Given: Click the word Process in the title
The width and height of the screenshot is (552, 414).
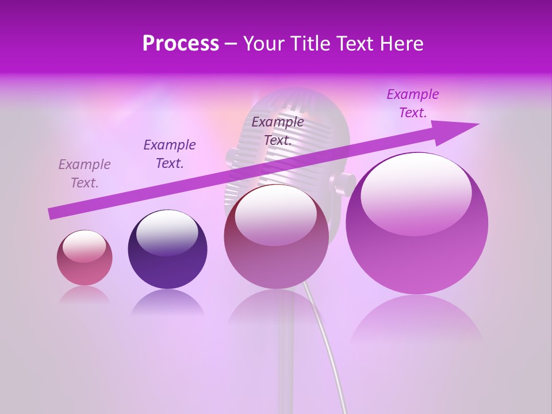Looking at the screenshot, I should click(181, 44).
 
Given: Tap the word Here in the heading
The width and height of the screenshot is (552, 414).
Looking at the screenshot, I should click(400, 44).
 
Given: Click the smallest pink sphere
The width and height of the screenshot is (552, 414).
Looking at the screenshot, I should click(85, 258).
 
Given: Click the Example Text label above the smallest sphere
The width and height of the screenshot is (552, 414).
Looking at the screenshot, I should click(85, 174).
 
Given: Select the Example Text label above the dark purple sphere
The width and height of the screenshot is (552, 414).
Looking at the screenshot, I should click(170, 154).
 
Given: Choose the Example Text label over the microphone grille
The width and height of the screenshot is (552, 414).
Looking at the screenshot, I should click(278, 131).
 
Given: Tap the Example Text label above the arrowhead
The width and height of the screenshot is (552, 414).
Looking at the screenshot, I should click(413, 103).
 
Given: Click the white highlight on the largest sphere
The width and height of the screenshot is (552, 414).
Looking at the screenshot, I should click(416, 193).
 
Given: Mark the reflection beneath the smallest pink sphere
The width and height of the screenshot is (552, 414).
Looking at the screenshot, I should click(85, 295).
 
